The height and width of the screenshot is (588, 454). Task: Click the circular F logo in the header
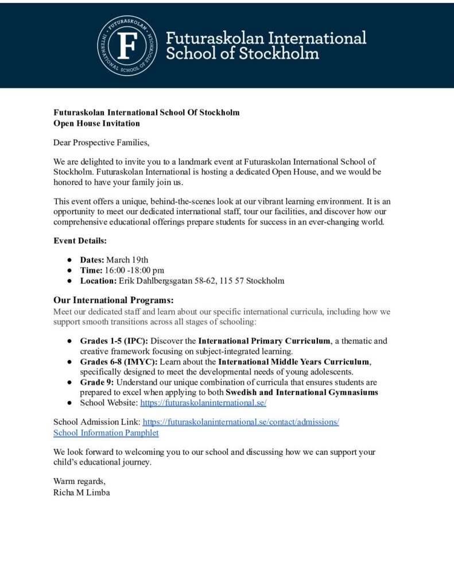127,45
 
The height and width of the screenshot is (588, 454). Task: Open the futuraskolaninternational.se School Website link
203,403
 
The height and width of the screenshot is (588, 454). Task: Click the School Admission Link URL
240,422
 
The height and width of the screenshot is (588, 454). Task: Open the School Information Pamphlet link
106,433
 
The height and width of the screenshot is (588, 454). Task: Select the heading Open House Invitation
96,123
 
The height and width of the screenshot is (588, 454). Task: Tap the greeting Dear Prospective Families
101,142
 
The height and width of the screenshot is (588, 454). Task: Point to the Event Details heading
80,241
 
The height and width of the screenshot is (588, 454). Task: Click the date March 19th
127,260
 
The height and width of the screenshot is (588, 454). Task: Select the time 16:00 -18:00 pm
134,270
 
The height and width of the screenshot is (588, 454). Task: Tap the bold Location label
98,281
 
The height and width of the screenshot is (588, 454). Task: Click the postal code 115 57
230,281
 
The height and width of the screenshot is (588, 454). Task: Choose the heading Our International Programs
113,300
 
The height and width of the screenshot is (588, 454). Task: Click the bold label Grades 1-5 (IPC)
114,341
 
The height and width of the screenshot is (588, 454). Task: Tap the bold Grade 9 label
95,382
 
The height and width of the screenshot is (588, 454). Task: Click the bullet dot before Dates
69,260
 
